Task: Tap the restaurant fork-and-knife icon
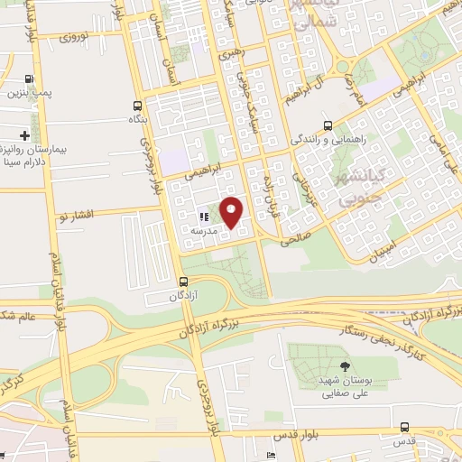click(x=204, y=216)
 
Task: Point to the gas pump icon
click(x=32, y=79)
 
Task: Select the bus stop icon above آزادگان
click(x=184, y=281)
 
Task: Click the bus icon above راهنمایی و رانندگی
click(x=328, y=126)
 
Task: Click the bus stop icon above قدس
click(x=405, y=427)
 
